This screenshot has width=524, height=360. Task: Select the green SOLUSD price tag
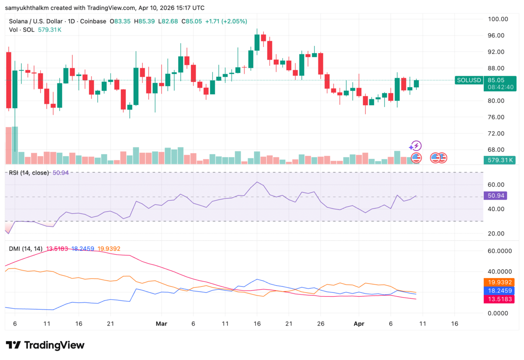469,80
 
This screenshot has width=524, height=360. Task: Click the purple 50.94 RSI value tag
496,195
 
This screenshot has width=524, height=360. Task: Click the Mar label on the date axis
161,324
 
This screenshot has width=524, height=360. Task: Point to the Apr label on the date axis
359,324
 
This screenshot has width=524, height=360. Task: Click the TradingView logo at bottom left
45,345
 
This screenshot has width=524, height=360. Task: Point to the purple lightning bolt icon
416,146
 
